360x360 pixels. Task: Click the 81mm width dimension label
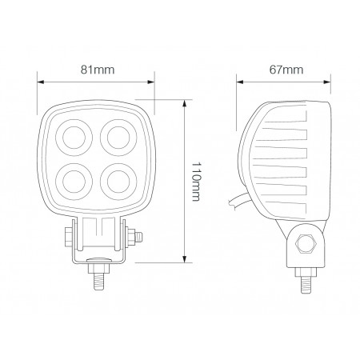click(x=97, y=70)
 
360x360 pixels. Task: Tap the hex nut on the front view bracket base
click(x=98, y=262)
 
